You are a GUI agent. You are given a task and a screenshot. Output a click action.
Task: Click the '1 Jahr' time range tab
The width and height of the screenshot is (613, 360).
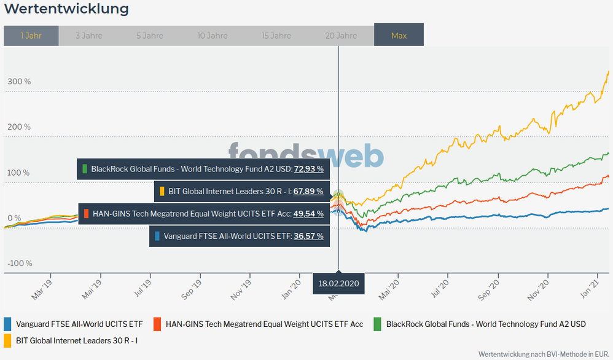tap(31, 36)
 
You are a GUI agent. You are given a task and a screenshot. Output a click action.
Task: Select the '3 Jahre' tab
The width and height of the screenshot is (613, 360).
tap(89, 36)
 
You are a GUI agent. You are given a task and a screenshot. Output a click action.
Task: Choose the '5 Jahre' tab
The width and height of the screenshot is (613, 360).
tap(150, 36)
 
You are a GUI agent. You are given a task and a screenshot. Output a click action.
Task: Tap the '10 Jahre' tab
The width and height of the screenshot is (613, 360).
tap(213, 36)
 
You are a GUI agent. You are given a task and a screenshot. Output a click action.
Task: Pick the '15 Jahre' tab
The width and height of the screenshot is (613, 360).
tap(276, 36)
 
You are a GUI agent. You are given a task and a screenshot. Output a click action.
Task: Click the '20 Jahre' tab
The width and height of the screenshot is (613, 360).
tap(341, 36)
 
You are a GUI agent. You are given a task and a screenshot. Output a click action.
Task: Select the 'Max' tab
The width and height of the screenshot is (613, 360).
tap(399, 36)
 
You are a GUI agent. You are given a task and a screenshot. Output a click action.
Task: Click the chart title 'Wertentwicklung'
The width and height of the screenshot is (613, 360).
tap(66, 9)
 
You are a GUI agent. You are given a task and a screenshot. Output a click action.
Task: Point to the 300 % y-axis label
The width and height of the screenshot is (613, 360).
tap(19, 82)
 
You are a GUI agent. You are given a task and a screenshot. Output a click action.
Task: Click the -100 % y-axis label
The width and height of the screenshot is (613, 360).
tap(20, 264)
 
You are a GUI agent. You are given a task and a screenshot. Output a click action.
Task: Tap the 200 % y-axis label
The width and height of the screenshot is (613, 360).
tap(19, 127)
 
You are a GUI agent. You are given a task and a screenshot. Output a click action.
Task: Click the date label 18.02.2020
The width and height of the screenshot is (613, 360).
tap(338, 284)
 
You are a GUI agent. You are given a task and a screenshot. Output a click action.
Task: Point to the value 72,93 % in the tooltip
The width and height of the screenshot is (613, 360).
tap(308, 168)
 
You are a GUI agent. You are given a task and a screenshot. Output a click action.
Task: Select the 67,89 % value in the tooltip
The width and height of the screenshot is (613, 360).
tap(308, 191)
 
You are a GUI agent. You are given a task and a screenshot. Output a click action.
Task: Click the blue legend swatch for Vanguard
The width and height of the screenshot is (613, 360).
tap(8, 324)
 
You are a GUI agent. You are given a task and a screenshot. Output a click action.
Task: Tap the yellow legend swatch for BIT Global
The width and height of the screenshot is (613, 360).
tap(8, 339)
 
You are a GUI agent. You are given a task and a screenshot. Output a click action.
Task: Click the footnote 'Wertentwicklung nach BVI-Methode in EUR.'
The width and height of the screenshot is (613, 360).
tap(544, 354)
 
